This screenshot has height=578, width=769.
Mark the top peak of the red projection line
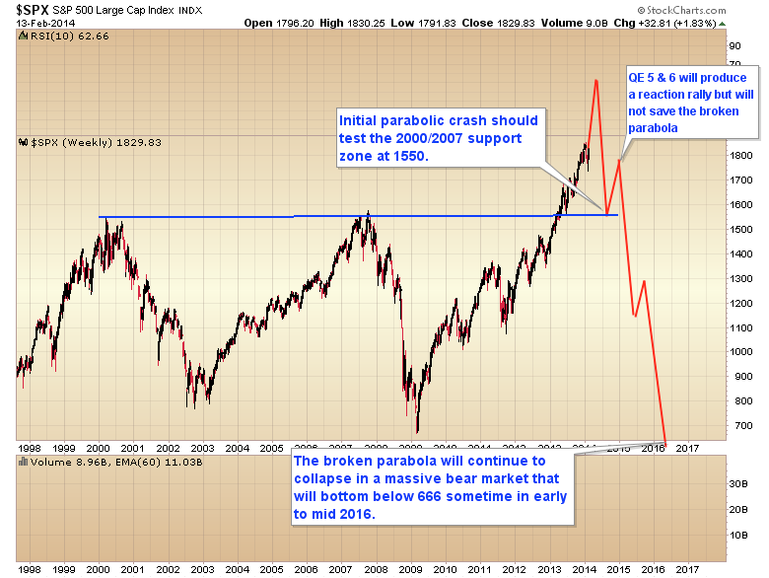[x=595, y=79]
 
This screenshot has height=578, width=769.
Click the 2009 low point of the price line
[x=417, y=432]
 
